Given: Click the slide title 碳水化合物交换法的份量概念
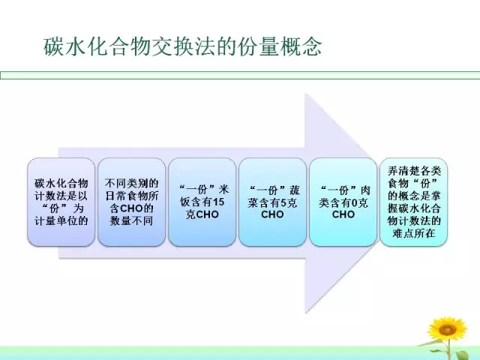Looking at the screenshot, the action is click(x=182, y=47).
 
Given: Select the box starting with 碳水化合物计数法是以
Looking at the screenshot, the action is click(x=61, y=202).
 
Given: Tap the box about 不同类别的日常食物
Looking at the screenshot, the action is click(x=132, y=202).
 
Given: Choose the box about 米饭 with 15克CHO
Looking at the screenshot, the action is click(x=202, y=202).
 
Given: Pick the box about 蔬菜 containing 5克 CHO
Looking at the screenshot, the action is click(x=272, y=202).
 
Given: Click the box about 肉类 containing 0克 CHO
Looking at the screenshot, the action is click(x=343, y=202).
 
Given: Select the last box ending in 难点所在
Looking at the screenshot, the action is click(x=413, y=202).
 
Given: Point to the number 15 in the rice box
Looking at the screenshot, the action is click(x=218, y=202).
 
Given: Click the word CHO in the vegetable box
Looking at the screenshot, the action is click(x=272, y=214).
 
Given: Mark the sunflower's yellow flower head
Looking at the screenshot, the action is click(x=447, y=330).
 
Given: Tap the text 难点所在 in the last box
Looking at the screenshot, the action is click(x=413, y=233).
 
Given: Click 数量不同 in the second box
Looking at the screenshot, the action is click(x=131, y=220).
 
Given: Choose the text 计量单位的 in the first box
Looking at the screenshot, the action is click(x=61, y=220).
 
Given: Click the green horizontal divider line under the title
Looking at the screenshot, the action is click(x=240, y=75).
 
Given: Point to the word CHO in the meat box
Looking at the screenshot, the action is click(x=343, y=214).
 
